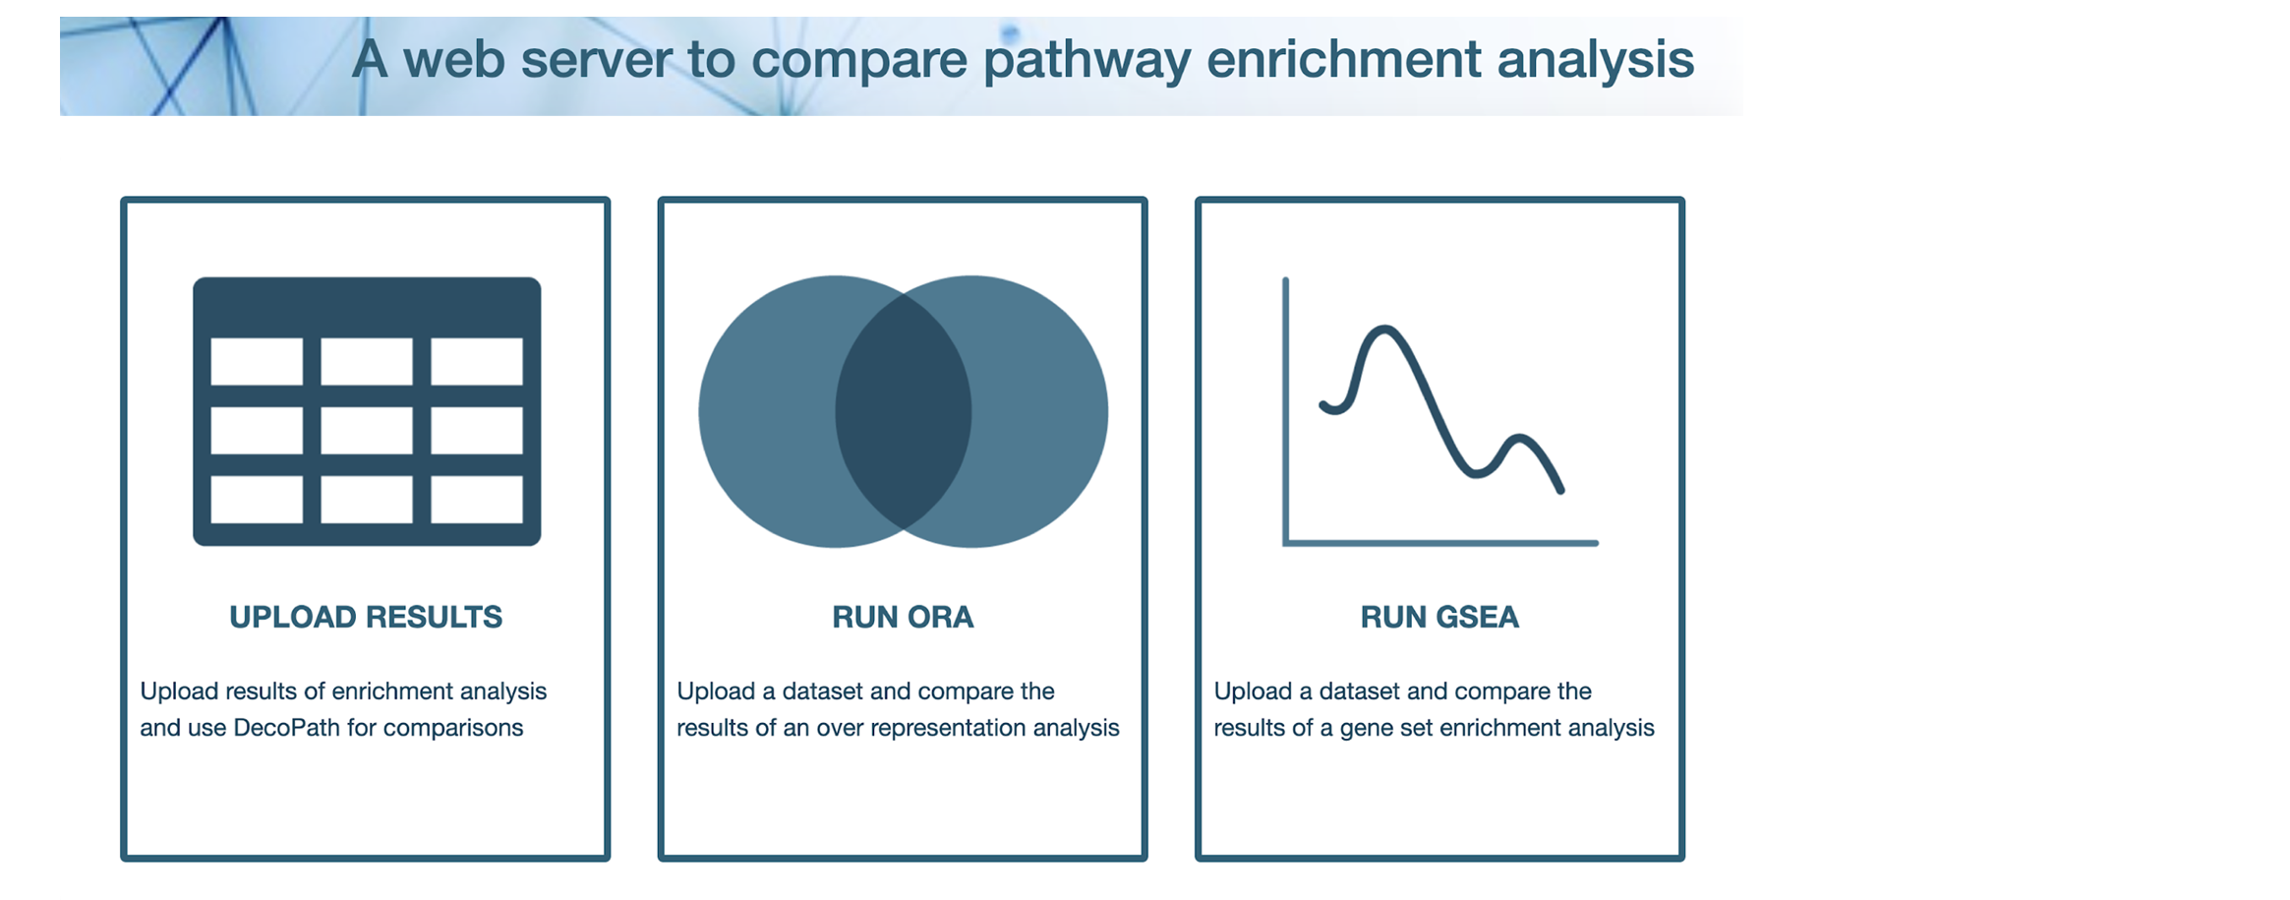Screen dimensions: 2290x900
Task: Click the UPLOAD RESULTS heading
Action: pos(366,617)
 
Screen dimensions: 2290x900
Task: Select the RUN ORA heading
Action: pos(903,617)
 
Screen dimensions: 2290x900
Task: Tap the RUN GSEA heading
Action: pos(1439,617)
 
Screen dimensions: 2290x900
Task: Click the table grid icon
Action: pos(367,411)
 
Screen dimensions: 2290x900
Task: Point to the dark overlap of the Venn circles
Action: pos(904,411)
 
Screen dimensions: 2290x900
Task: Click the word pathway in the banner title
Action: pos(1086,59)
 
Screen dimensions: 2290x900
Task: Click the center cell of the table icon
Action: pos(367,431)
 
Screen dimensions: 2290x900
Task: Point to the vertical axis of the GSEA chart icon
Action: pos(1286,410)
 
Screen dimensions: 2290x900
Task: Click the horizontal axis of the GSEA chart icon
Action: pos(1440,542)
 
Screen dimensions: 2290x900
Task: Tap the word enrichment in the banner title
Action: pos(1343,59)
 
